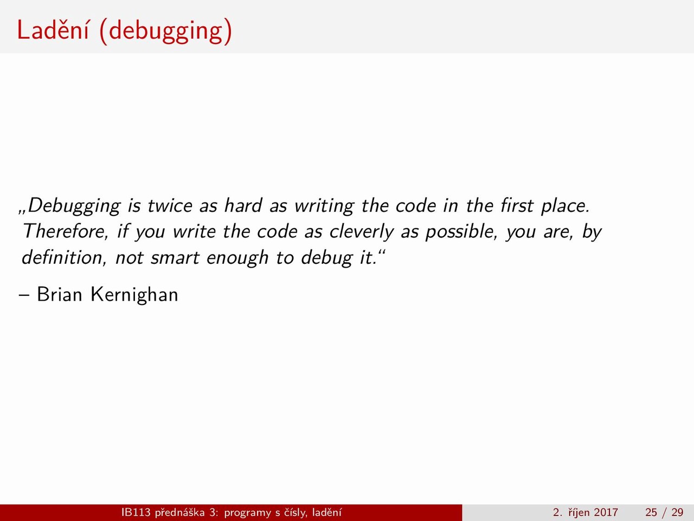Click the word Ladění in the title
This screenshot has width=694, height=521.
coord(53,30)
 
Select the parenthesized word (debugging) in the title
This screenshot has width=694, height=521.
coord(166,32)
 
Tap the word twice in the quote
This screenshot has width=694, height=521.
coord(170,205)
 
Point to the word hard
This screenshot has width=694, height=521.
coord(243,205)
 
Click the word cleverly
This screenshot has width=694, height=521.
coord(362,232)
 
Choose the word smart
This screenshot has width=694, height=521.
coord(175,258)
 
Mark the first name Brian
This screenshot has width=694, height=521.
coord(60,295)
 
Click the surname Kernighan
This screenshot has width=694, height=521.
coord(134,295)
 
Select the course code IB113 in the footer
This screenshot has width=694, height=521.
coord(136,512)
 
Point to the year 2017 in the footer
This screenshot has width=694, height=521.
coord(606,512)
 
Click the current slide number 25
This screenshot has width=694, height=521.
coord(651,512)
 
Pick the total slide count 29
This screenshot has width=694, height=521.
coord(678,512)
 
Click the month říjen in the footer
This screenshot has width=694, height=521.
coord(577,513)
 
